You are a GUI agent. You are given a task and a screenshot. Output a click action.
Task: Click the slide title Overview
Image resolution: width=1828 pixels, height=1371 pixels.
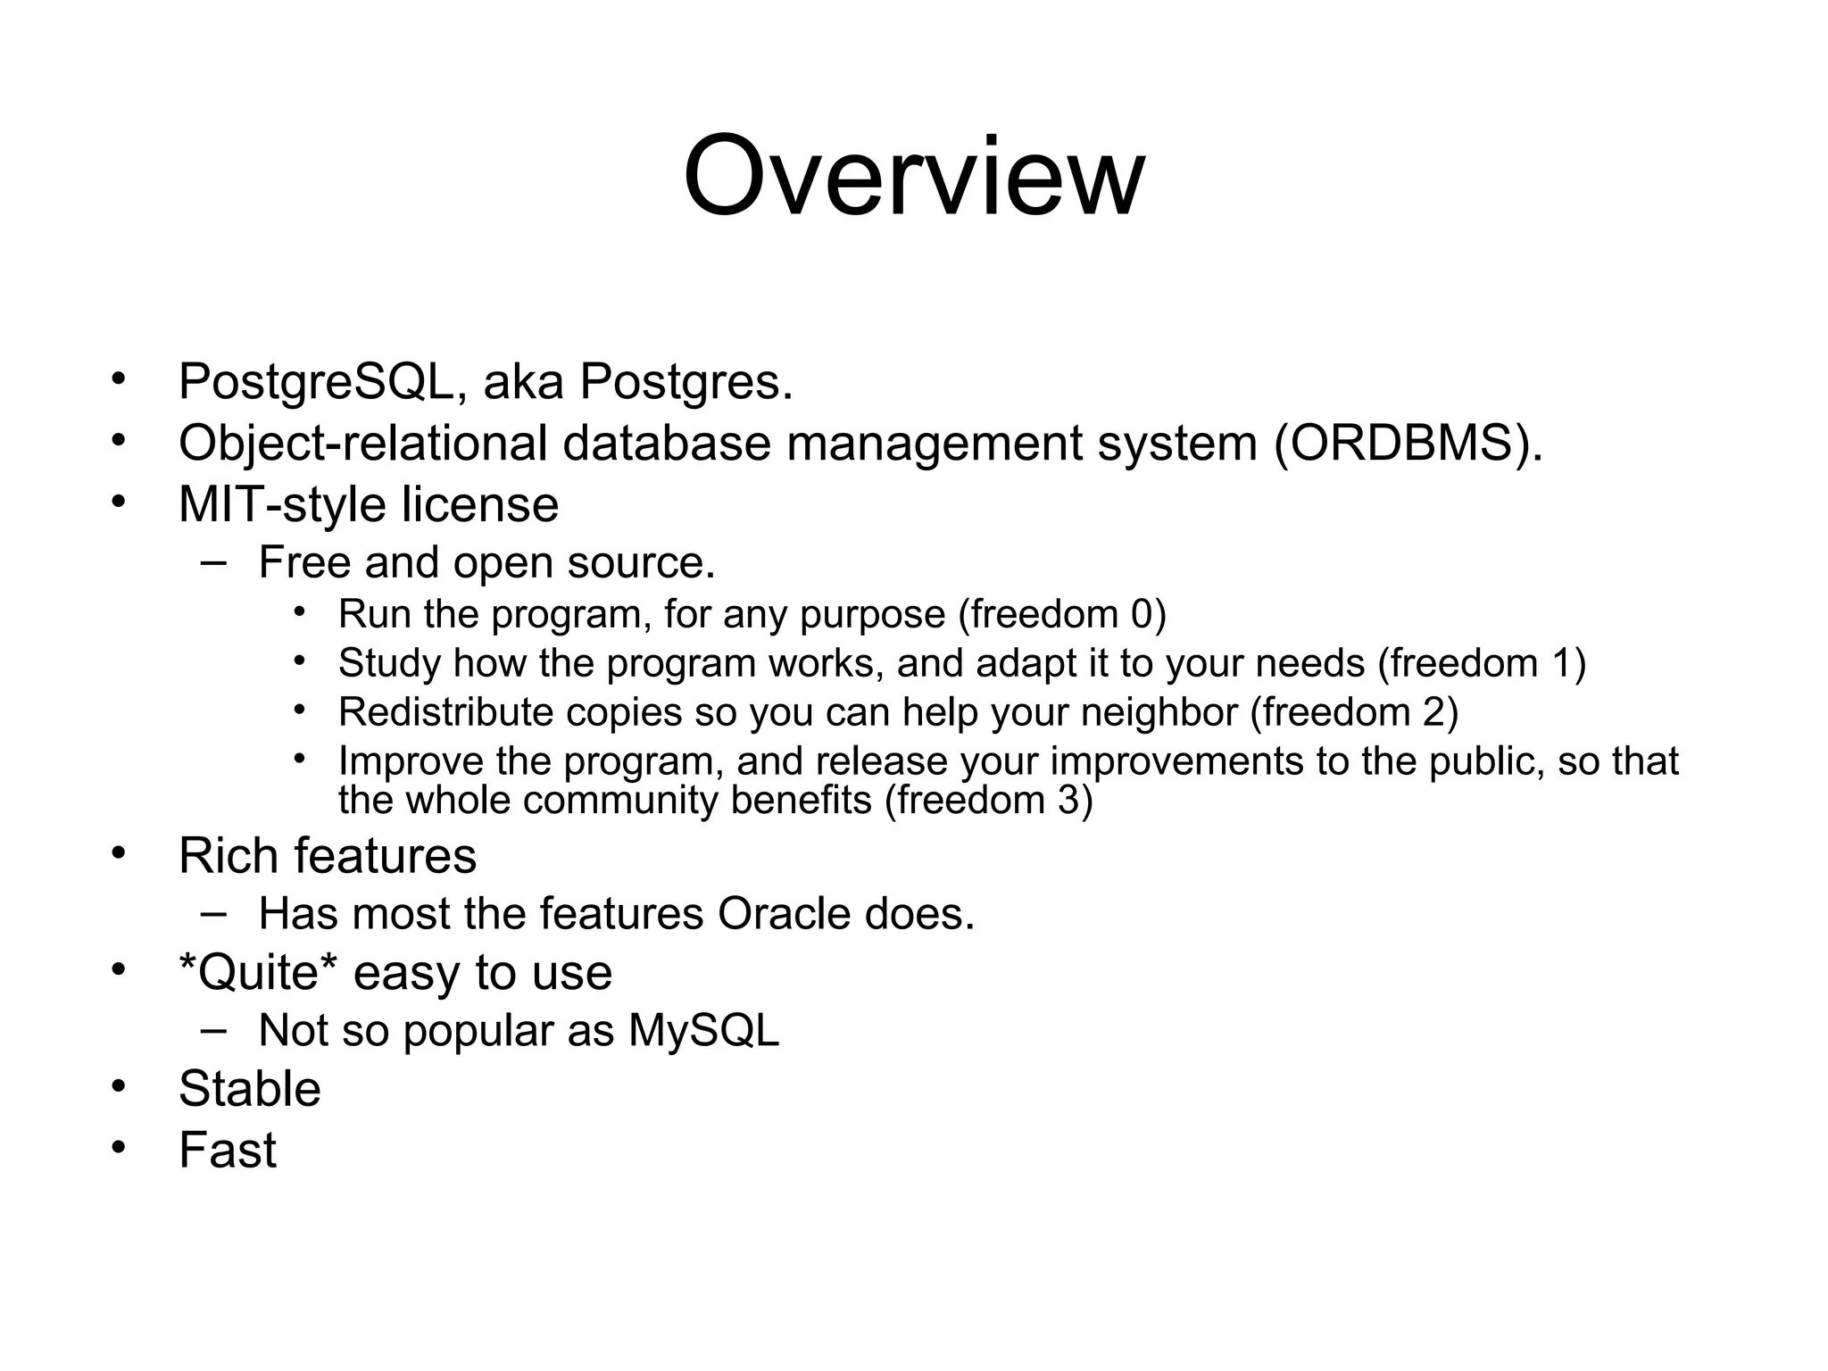coord(913,176)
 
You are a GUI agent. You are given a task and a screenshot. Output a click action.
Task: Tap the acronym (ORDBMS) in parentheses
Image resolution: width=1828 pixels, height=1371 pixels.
coord(1408,443)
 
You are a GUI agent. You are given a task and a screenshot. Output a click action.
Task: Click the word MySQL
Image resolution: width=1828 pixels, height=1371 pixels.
coord(703,1031)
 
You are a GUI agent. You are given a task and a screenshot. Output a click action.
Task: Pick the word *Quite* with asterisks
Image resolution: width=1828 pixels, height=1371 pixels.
coord(259,972)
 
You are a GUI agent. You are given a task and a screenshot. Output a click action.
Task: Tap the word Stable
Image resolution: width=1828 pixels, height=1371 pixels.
coord(249,1089)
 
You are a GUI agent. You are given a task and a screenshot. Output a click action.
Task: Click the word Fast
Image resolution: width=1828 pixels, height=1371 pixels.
coord(227,1150)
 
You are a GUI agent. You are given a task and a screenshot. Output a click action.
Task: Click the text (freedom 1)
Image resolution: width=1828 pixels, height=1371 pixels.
coord(1482,663)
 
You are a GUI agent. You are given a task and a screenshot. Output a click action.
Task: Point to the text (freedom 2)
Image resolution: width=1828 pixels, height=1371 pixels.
coord(1354,712)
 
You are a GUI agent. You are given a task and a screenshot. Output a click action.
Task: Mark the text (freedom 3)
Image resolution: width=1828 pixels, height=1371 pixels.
coord(988,800)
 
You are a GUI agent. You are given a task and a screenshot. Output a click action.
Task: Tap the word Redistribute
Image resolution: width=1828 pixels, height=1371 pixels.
coord(445,712)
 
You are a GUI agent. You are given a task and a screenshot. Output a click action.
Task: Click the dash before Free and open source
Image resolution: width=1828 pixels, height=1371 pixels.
coord(212,562)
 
